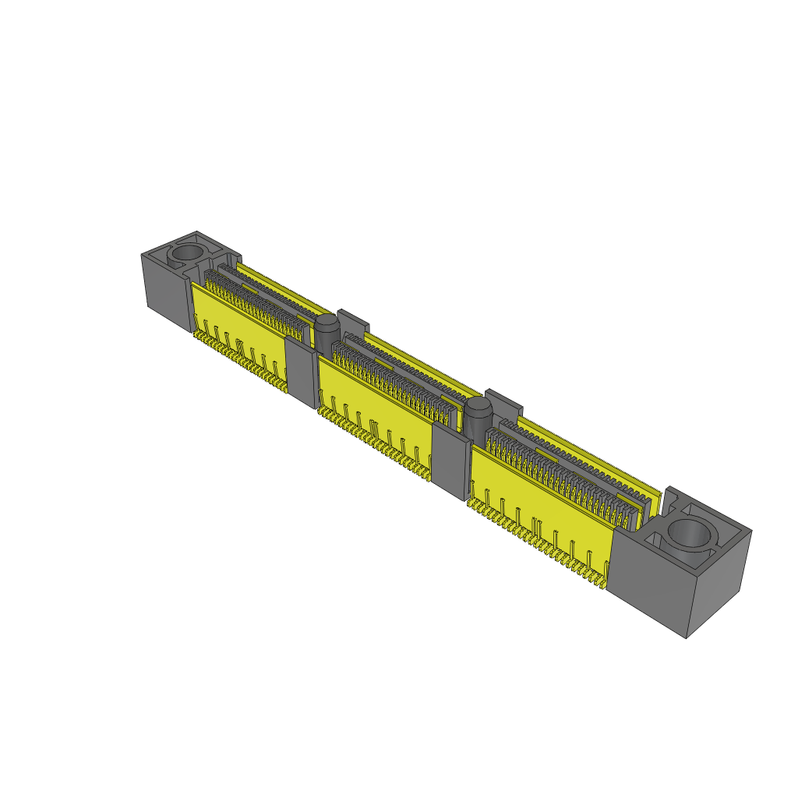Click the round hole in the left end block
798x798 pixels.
(186, 253)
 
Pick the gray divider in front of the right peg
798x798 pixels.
(450, 461)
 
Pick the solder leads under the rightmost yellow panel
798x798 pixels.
(538, 542)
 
